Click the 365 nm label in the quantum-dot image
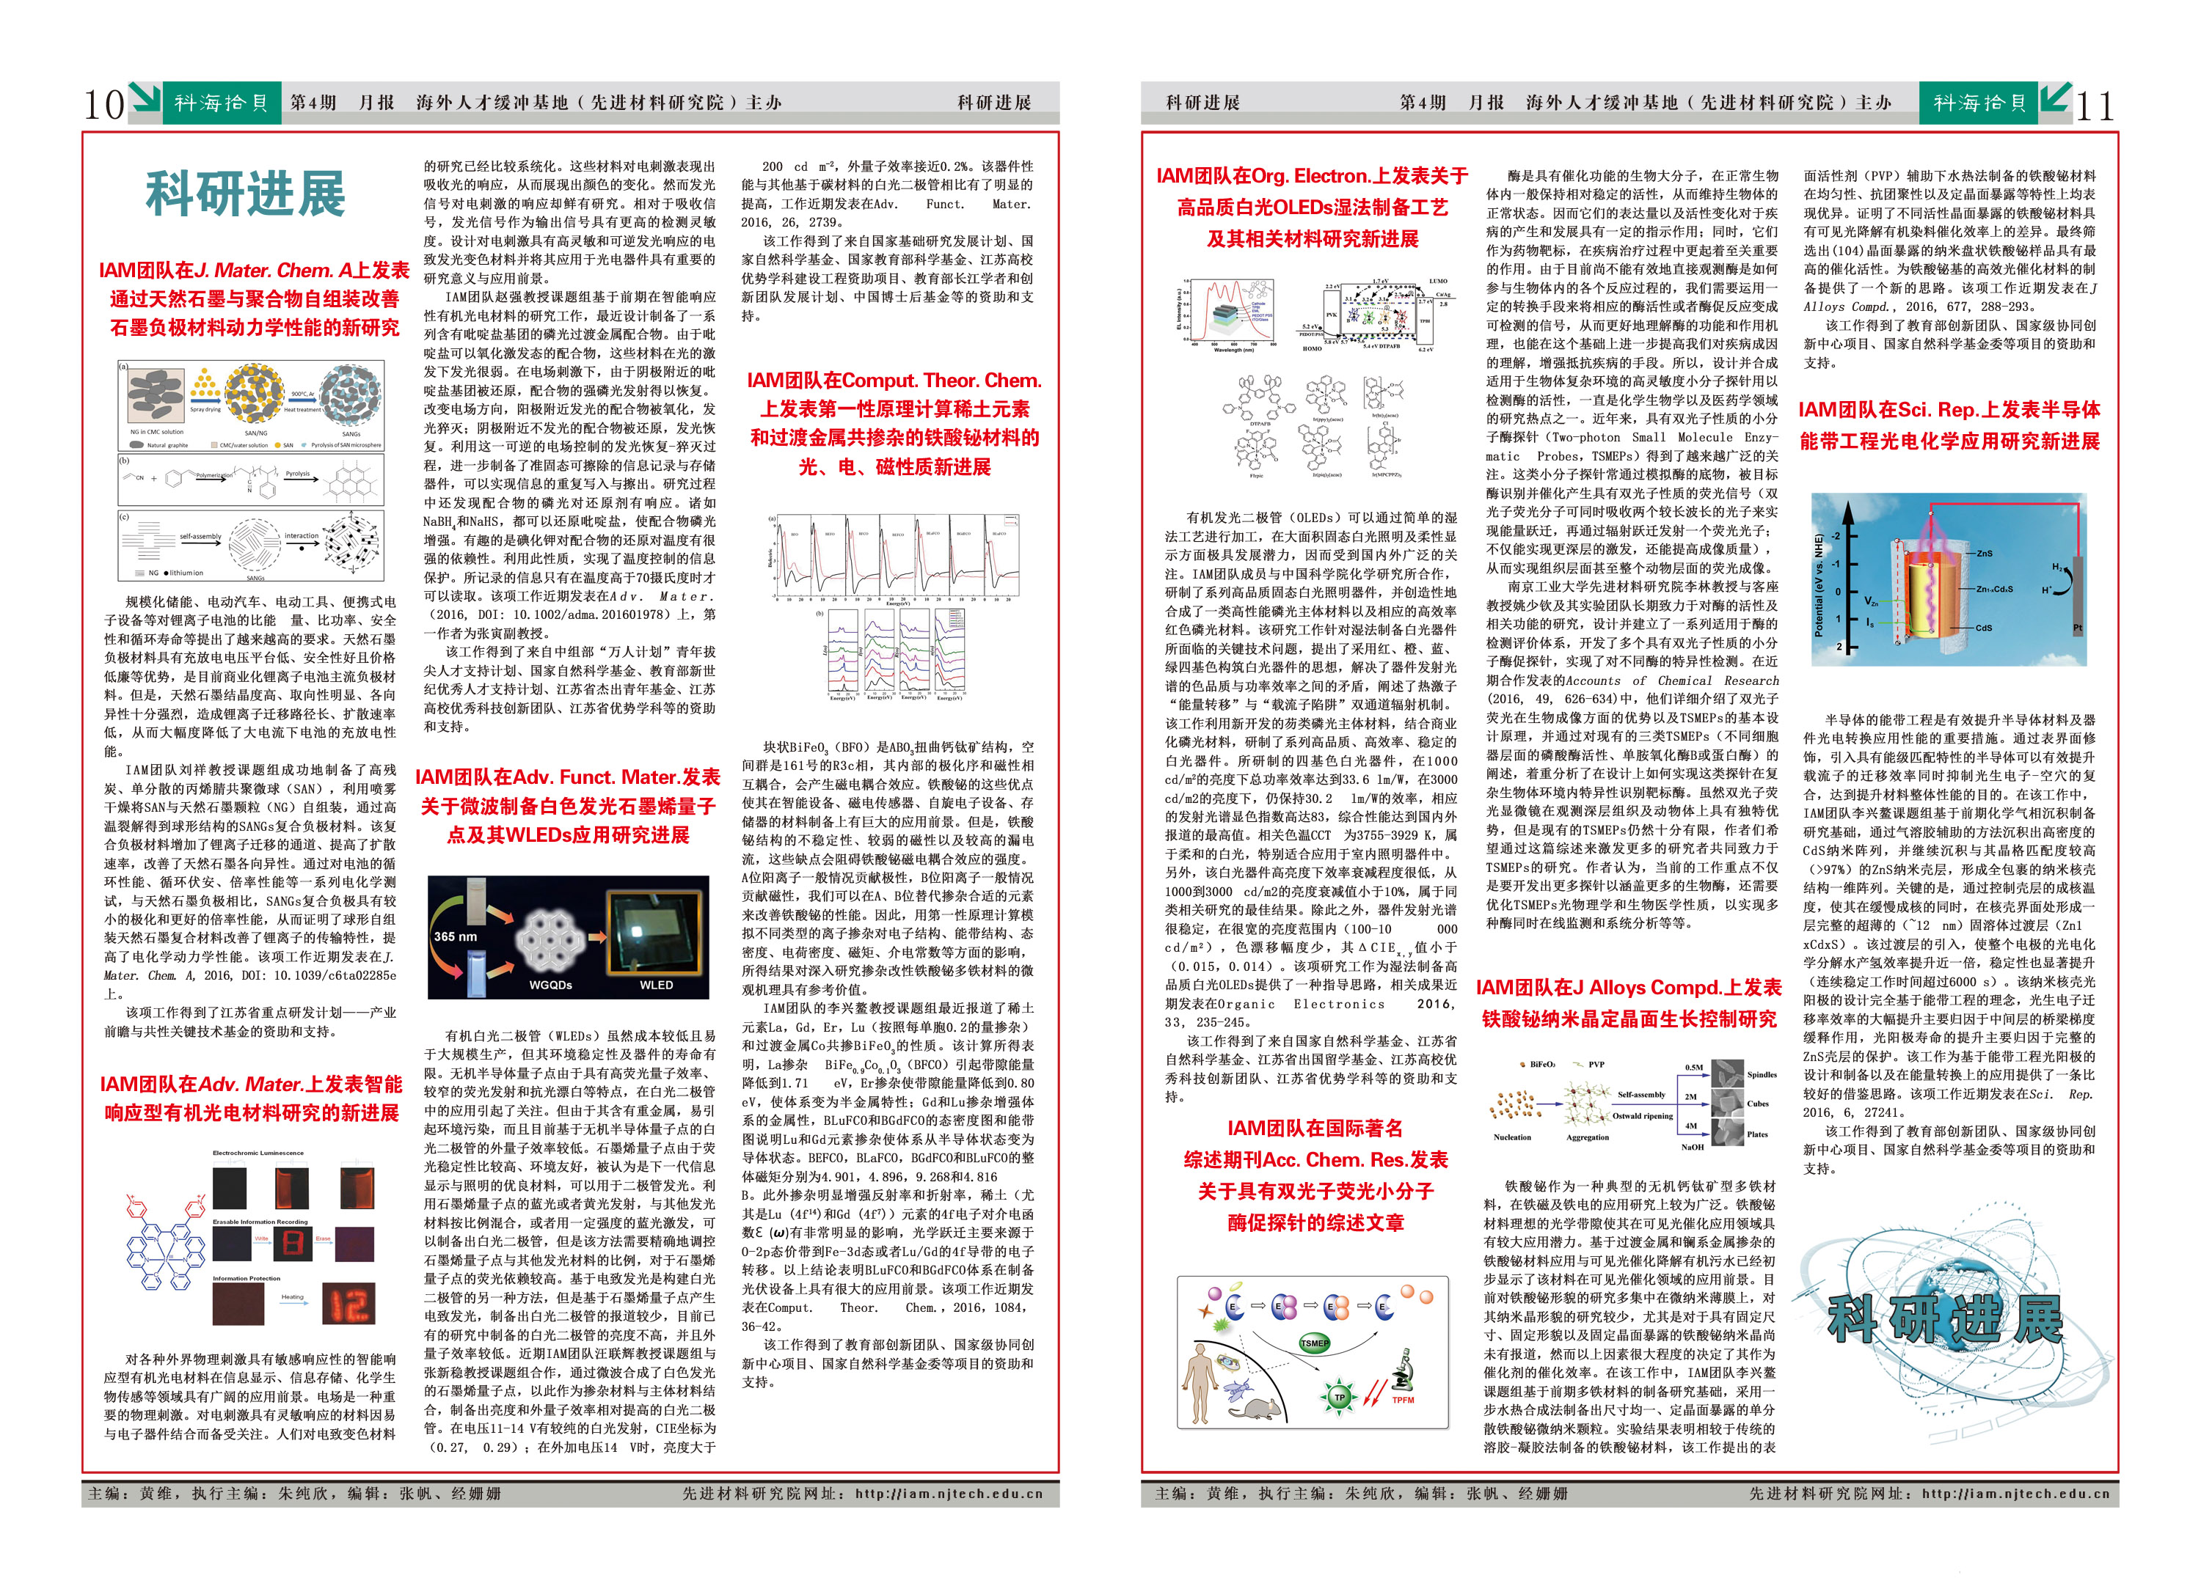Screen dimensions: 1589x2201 [455, 936]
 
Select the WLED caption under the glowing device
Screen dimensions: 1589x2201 [656, 985]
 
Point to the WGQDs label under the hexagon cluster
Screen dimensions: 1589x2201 [550, 985]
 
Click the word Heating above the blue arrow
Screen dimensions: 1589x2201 [292, 1296]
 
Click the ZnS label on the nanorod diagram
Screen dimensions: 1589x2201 [1985, 553]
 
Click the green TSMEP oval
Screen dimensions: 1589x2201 [1314, 1343]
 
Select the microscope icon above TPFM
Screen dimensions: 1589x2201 [1401, 1370]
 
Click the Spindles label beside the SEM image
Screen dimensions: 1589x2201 [1762, 1075]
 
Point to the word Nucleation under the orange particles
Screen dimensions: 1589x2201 [1512, 1137]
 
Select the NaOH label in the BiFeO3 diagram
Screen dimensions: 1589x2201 [1692, 1147]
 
